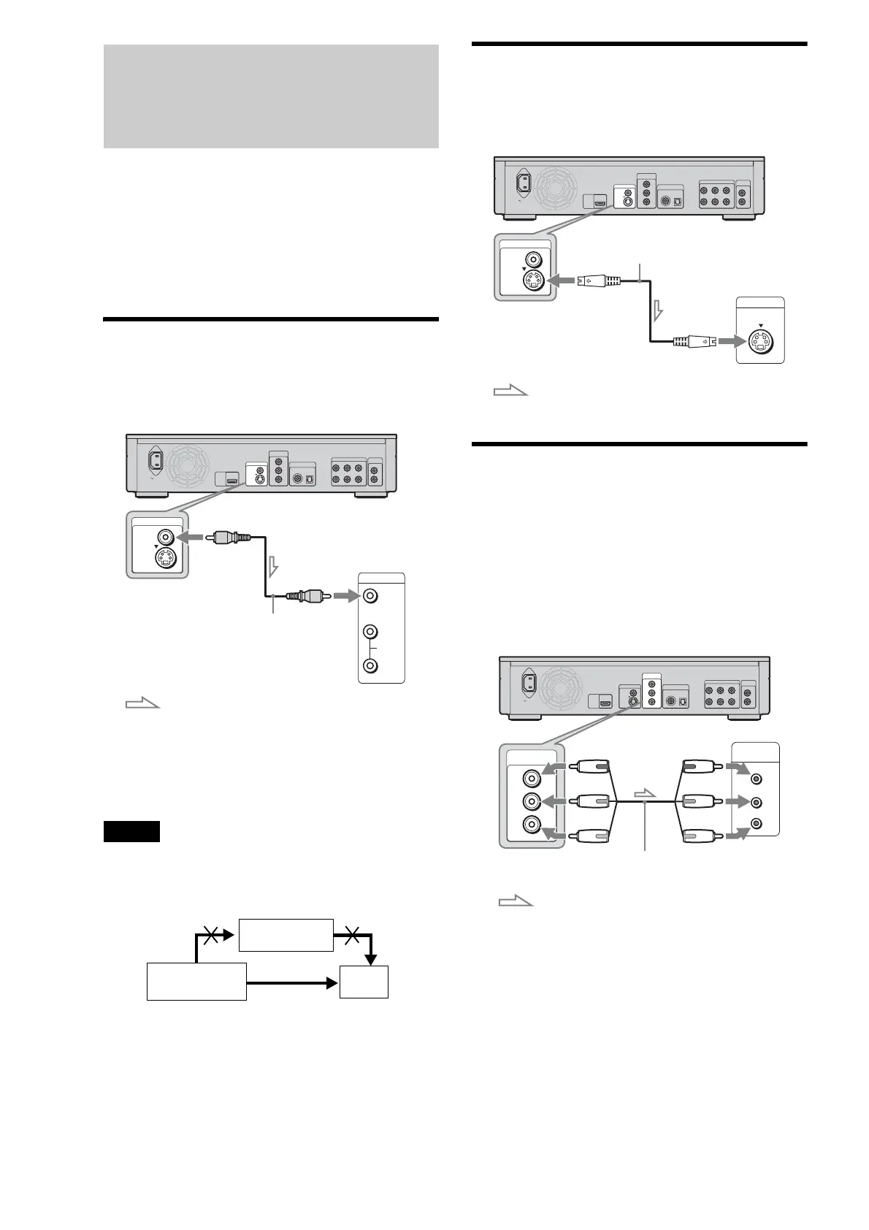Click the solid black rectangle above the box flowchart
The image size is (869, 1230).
coord(131,831)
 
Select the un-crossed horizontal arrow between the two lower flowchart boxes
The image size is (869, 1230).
coord(292,983)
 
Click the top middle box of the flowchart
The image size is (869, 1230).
coord(286,935)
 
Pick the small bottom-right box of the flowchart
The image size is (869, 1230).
coord(364,982)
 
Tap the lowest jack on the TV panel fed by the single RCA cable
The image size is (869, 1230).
coord(371,665)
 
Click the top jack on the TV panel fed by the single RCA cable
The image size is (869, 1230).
coord(371,596)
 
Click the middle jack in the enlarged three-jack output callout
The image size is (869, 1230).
coord(531,801)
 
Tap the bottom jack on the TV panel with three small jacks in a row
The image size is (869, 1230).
coord(757,824)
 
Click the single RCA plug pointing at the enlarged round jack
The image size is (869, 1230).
coord(229,538)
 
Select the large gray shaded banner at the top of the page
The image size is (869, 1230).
coord(271,96)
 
